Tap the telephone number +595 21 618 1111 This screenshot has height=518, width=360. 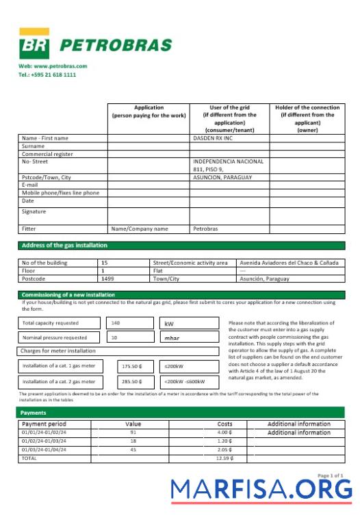pyautogui.click(x=47, y=75)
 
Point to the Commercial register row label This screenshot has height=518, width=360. pyautogui.click(x=47, y=154)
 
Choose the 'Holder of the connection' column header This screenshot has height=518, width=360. pyautogui.click(x=307, y=118)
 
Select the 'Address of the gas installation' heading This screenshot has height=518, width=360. pyautogui.click(x=64, y=245)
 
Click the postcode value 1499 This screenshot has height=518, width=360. pyautogui.click(x=107, y=279)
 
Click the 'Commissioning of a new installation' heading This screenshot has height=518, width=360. pyautogui.click(x=68, y=295)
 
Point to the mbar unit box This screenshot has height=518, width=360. pyautogui.click(x=172, y=337)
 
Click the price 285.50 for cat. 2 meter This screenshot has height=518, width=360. pyautogui.click(x=131, y=381)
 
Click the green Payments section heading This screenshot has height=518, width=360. pyautogui.click(x=34, y=413)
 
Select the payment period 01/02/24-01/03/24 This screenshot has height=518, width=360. pyautogui.click(x=45, y=441)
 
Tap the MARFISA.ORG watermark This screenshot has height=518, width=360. pyautogui.click(x=261, y=489)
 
